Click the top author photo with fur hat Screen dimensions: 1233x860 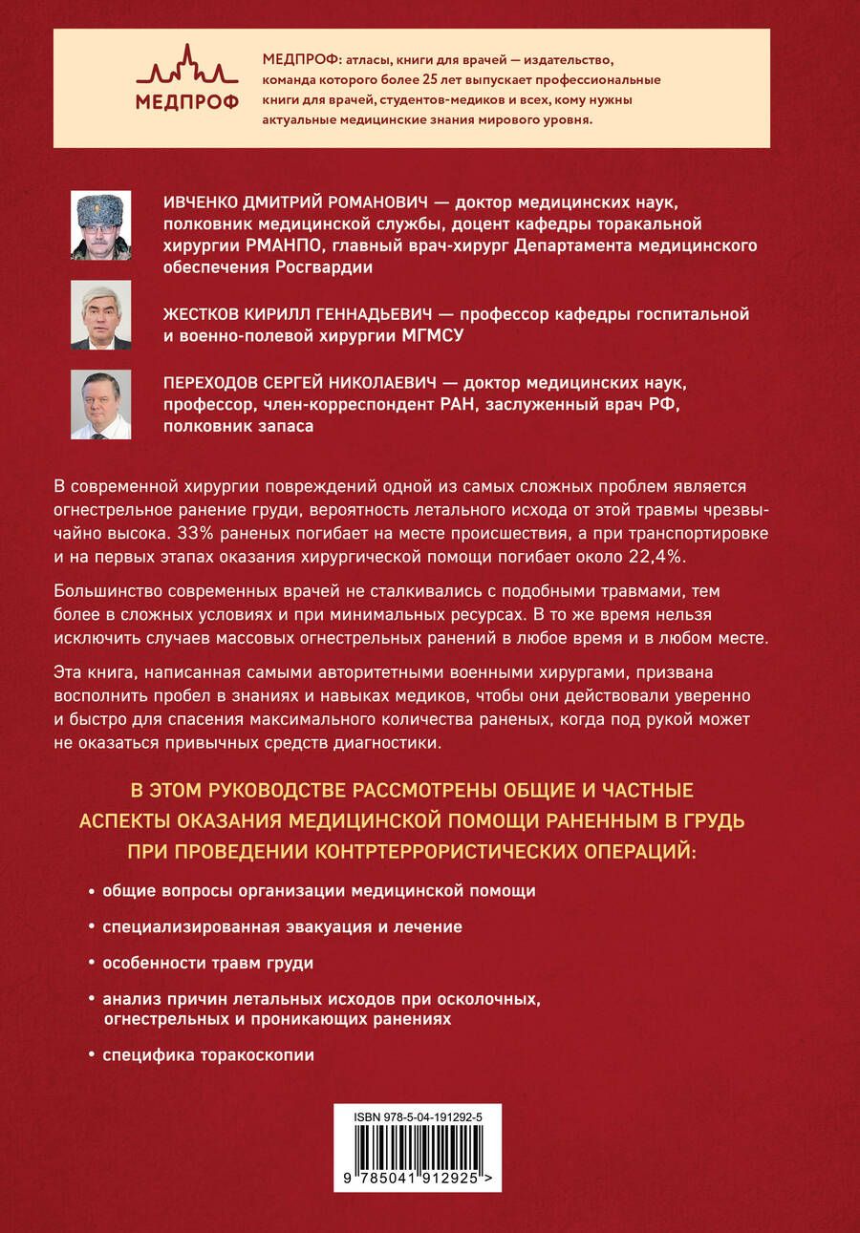tap(101, 224)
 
